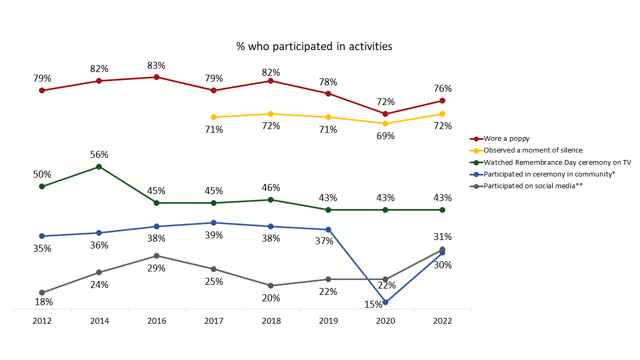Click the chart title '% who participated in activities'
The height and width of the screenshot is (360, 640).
tap(314, 46)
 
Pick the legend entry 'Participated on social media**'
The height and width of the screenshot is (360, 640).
tap(534, 186)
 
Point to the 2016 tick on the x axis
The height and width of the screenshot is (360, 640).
tap(156, 321)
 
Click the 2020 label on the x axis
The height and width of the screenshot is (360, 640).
tap(386, 321)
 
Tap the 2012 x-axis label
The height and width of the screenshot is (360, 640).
tap(42, 321)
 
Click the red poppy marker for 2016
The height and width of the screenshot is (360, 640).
tap(156, 77)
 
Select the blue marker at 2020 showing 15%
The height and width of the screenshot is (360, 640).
tap(386, 302)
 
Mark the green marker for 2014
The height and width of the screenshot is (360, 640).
tap(99, 167)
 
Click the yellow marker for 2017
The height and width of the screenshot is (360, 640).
tap(214, 117)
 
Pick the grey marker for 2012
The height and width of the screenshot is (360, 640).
tap(42, 292)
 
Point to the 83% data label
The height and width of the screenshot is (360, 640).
tap(156, 66)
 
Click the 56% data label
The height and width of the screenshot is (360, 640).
tap(99, 155)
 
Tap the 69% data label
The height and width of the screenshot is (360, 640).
tap(386, 136)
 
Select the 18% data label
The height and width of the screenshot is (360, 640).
tap(43, 302)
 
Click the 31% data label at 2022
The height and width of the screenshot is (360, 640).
tap(443, 237)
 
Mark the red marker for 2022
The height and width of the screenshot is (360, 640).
tap(443, 101)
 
